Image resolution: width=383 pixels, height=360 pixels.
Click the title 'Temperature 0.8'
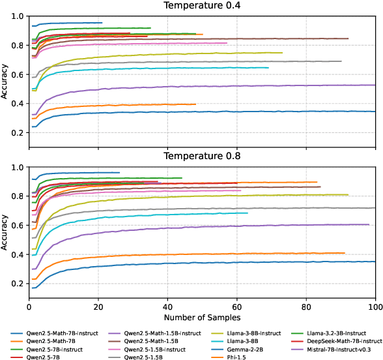pyautogui.click(x=203, y=157)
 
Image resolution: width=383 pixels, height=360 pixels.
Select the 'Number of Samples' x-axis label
pyautogui.click(x=203, y=318)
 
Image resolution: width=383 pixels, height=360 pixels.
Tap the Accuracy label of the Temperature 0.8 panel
pyautogui.click(x=6, y=232)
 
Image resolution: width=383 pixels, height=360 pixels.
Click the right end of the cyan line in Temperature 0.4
pyautogui.click(x=268, y=68)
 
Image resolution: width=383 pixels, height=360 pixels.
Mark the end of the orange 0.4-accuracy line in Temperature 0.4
pyautogui.click(x=195, y=104)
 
